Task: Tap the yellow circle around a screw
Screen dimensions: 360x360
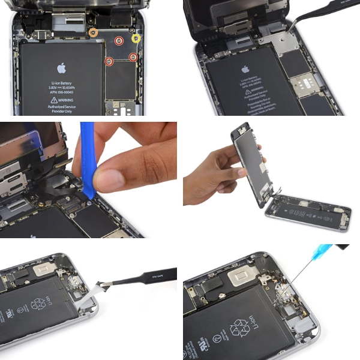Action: [136, 39]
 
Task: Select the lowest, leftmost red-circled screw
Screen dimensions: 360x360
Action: [109, 61]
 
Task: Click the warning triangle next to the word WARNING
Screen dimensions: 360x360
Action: [53, 101]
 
